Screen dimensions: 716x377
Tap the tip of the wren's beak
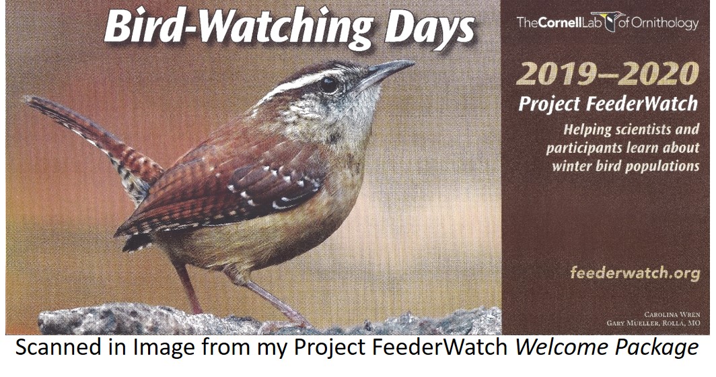(x=414, y=63)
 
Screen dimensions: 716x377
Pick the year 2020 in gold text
(x=661, y=75)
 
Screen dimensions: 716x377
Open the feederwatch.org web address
(x=635, y=273)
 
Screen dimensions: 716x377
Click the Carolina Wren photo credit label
(x=672, y=314)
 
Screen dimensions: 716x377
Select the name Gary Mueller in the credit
(x=637, y=323)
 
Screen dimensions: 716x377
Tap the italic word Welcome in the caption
(x=562, y=348)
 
